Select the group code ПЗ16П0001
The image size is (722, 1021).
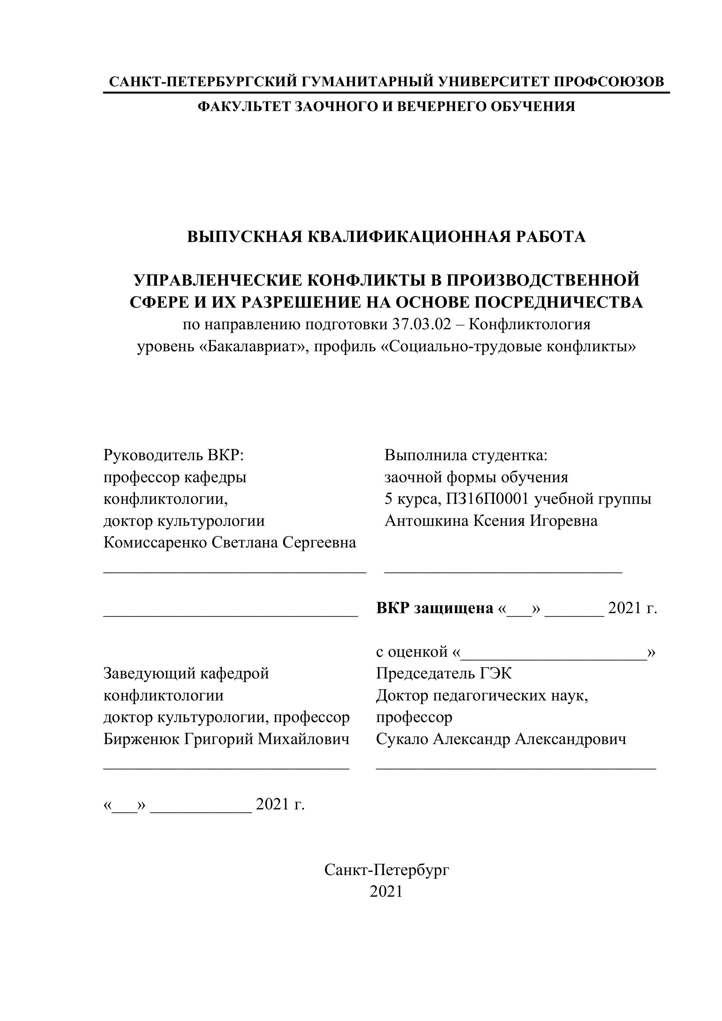pyautogui.click(x=487, y=499)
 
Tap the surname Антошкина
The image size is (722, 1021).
pyautogui.click(x=426, y=521)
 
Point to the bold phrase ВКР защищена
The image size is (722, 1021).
pyautogui.click(x=434, y=608)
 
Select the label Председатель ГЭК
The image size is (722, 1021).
pyautogui.click(x=444, y=673)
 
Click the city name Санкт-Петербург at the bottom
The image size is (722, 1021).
pyautogui.click(x=387, y=870)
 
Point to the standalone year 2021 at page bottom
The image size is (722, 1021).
pyautogui.click(x=386, y=891)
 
